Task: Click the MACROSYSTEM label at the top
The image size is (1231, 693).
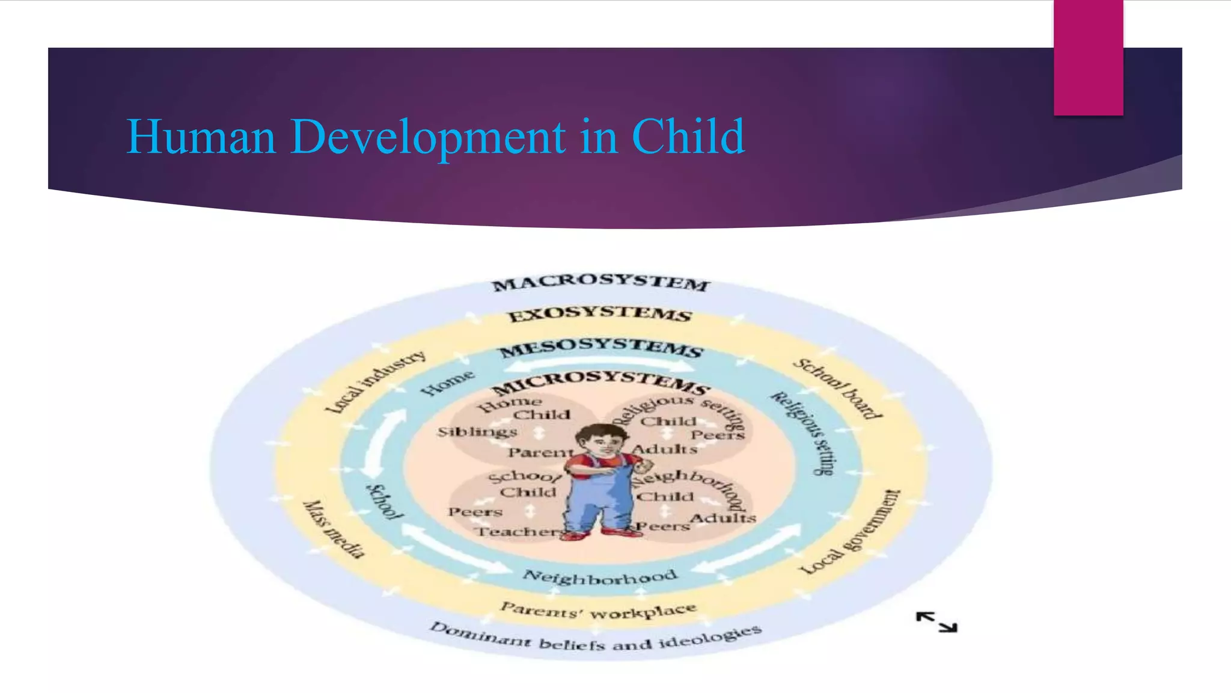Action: [x=601, y=283]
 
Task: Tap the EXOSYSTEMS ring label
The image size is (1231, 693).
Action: [x=600, y=314]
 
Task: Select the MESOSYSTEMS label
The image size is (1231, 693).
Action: [x=601, y=347]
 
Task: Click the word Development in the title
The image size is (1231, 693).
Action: [x=428, y=137]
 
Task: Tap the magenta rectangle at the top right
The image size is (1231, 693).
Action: [x=1088, y=57]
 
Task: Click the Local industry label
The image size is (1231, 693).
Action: [x=376, y=383]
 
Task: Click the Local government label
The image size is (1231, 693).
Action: [x=851, y=532]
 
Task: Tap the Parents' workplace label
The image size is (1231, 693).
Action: [x=599, y=611]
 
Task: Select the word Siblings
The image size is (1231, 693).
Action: [x=477, y=432]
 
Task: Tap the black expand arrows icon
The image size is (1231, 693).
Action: [x=936, y=622]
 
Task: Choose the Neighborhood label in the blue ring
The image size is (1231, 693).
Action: [x=600, y=577]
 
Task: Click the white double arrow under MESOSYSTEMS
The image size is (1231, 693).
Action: [x=601, y=363]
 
